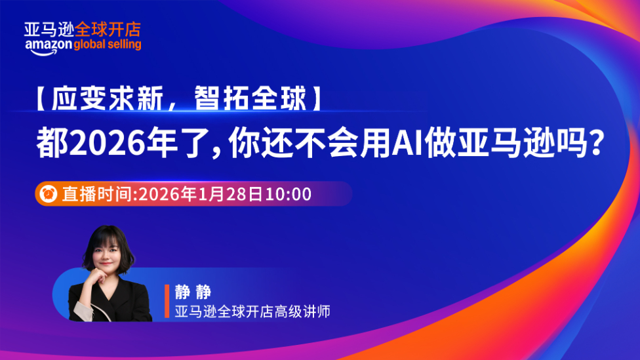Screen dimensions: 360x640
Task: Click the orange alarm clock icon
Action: point(49,194)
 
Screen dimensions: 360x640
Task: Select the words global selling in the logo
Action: point(108,45)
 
